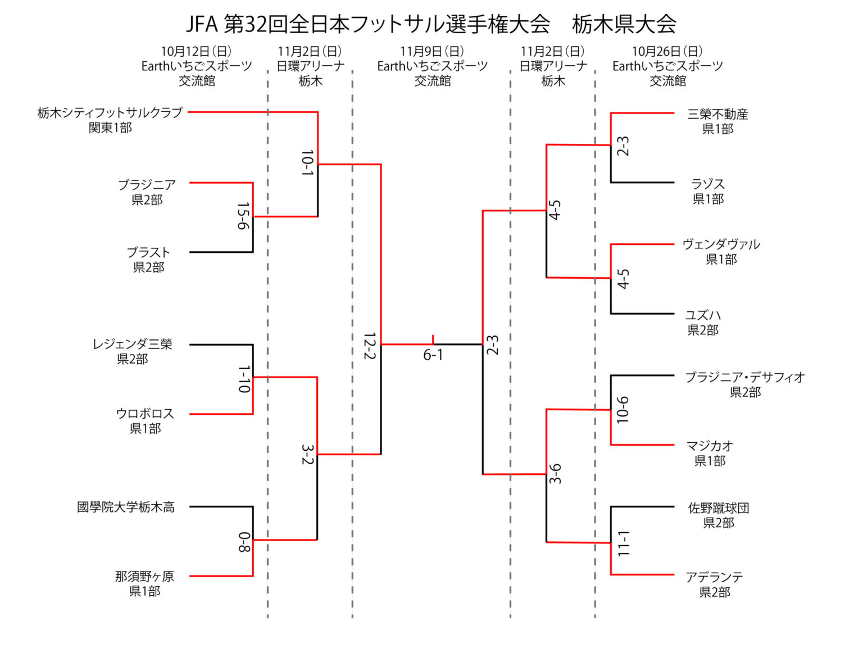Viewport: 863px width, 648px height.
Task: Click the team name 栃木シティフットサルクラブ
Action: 110,112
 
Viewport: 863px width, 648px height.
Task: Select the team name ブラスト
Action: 148,252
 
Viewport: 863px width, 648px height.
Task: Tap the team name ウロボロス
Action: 145,414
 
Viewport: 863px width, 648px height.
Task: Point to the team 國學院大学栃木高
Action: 126,507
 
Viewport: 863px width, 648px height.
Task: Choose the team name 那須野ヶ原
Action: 144,576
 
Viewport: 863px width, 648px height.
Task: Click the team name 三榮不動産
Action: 717,114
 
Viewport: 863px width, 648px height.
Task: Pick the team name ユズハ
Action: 703,315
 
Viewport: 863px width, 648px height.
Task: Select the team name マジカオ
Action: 710,446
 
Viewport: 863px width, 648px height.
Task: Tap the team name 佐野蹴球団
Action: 719,508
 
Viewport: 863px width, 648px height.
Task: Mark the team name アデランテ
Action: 714,577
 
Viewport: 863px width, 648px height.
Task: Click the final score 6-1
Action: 433,355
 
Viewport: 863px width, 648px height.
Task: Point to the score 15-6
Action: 243,216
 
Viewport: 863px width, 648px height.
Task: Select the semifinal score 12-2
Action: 369,346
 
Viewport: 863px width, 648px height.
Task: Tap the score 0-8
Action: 244,542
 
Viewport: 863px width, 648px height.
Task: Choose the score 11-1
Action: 623,543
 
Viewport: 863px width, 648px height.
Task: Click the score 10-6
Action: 623,410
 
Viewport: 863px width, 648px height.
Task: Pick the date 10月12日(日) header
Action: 196,52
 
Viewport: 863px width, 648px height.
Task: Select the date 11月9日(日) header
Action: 432,52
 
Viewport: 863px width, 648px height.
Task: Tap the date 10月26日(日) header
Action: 667,52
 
